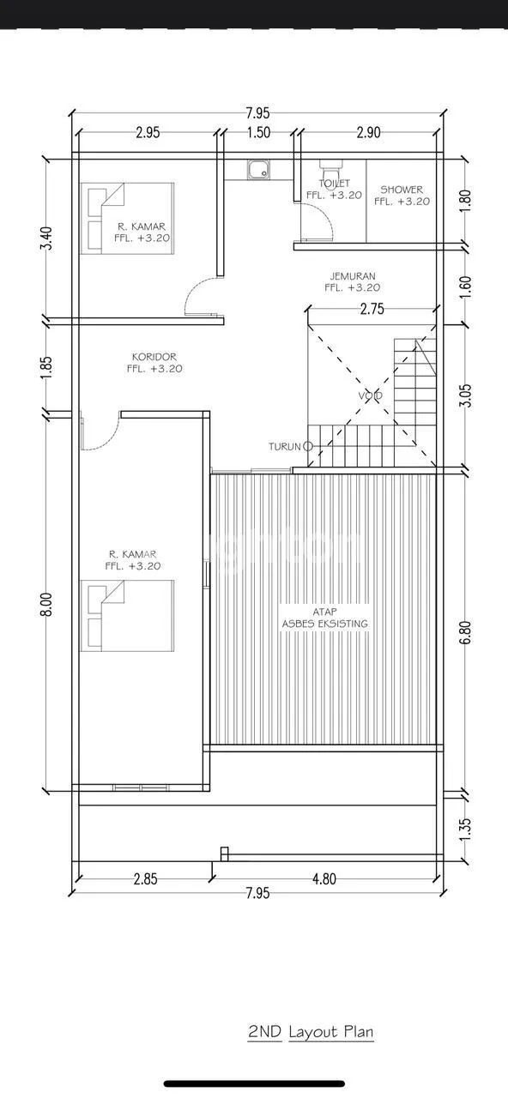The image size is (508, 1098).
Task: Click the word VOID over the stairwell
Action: click(370, 395)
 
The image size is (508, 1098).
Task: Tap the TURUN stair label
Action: click(284, 447)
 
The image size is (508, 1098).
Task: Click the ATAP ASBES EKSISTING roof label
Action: click(324, 618)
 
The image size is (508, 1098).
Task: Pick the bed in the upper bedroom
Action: click(128, 219)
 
